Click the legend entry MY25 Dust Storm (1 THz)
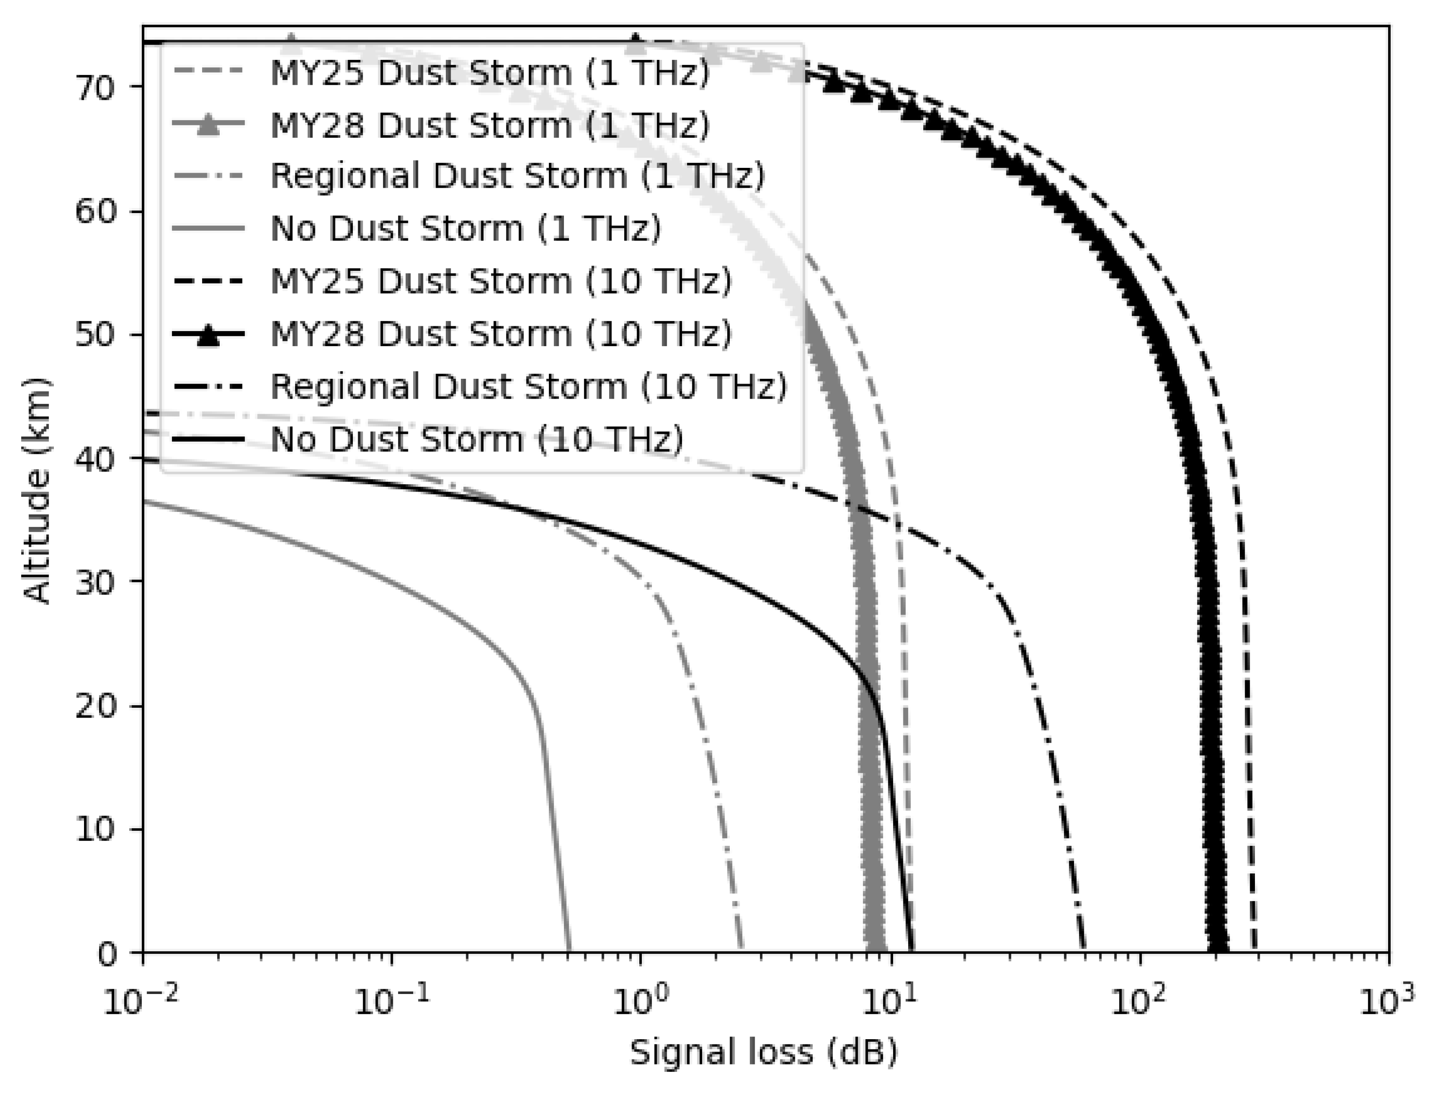(x=489, y=72)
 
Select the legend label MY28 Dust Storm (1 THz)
(x=489, y=124)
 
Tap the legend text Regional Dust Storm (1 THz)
(x=517, y=176)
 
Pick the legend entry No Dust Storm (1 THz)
(x=465, y=228)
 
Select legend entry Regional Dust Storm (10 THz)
(x=528, y=386)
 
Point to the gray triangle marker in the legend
(x=208, y=125)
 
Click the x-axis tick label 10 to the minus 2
(x=138, y=1000)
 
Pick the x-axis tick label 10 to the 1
(x=887, y=1000)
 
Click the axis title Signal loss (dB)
(x=764, y=1052)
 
